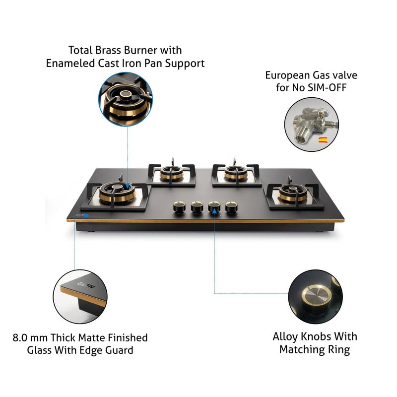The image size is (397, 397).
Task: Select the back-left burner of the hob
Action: (172, 174)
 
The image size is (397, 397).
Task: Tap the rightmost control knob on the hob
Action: (231, 207)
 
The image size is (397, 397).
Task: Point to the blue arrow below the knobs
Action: (214, 211)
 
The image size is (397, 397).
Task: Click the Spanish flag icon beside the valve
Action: (322, 140)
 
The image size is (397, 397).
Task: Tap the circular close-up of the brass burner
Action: (126, 99)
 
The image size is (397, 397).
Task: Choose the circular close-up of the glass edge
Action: (79, 296)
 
